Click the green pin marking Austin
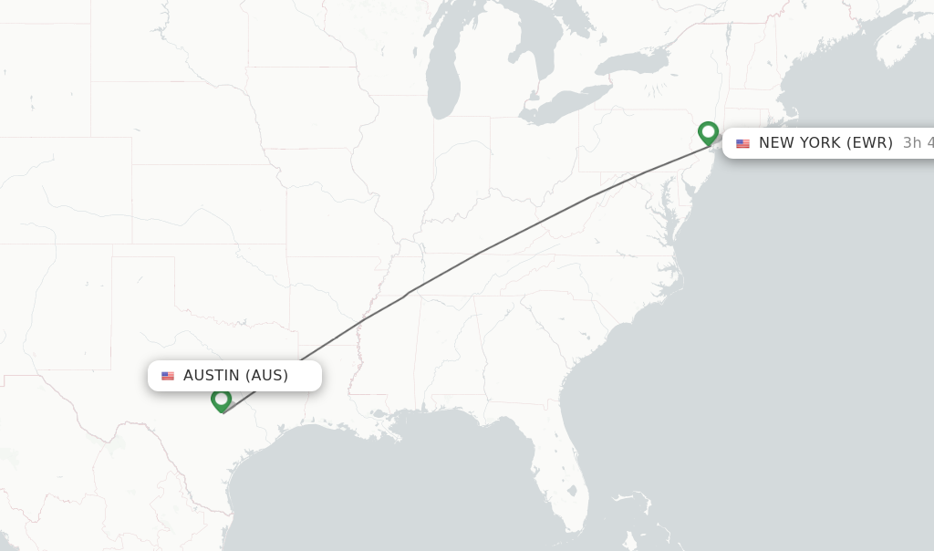(221, 400)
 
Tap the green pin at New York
(709, 133)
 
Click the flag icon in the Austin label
(168, 376)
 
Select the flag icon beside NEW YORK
(743, 143)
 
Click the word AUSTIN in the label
(212, 376)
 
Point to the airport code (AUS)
(267, 376)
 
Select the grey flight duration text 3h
(912, 143)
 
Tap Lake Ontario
(634, 63)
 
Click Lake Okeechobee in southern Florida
(571, 492)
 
